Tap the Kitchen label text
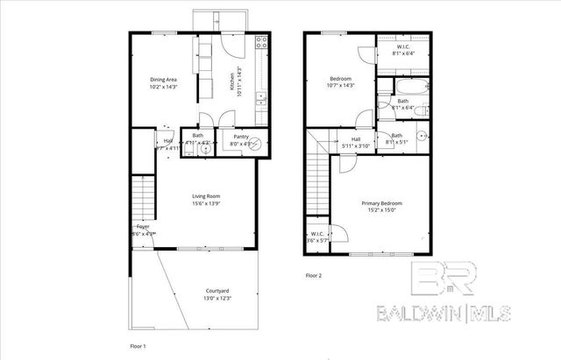233,81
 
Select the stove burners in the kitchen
260,43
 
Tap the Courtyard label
217,293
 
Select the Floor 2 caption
314,276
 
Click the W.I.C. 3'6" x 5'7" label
318,236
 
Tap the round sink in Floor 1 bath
205,149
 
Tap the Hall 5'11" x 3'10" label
356,142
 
